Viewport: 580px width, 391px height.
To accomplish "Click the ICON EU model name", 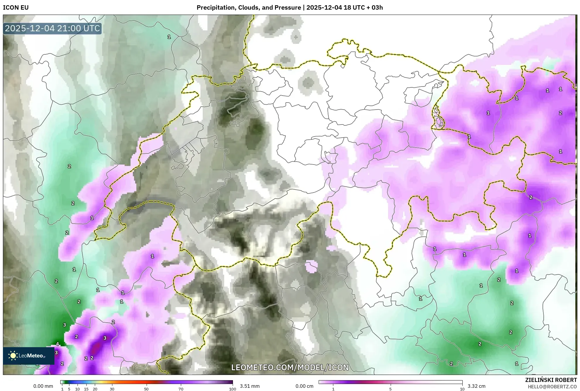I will coord(16,8).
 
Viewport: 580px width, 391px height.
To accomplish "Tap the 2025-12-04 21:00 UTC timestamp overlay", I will coord(52,28).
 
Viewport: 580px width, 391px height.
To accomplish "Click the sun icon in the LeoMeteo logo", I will coord(13,356).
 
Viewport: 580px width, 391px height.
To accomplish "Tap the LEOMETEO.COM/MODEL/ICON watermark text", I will coord(290,367).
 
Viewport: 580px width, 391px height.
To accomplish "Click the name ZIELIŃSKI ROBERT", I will coord(551,380).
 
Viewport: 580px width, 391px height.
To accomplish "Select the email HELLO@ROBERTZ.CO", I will coord(552,387).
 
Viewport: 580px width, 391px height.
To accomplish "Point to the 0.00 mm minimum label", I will coord(43,386).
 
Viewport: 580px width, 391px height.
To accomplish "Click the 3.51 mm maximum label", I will coord(250,386).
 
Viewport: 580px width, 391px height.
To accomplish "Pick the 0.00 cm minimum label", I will coord(304,386).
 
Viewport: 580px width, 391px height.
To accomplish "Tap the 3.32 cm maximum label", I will coord(476,386).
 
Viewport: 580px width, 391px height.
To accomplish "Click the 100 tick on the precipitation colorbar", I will coord(233,389).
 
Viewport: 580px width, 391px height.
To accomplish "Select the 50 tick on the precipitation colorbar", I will coord(146,389).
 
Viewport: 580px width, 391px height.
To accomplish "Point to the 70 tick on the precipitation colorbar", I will coord(181,389).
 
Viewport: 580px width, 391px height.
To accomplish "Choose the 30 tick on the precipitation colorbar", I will coord(112,389).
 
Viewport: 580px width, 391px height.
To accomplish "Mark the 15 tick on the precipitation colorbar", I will coord(86,389).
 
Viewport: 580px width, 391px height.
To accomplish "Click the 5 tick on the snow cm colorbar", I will coord(390,389).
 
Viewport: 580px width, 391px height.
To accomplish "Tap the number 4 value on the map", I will coord(58,344).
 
